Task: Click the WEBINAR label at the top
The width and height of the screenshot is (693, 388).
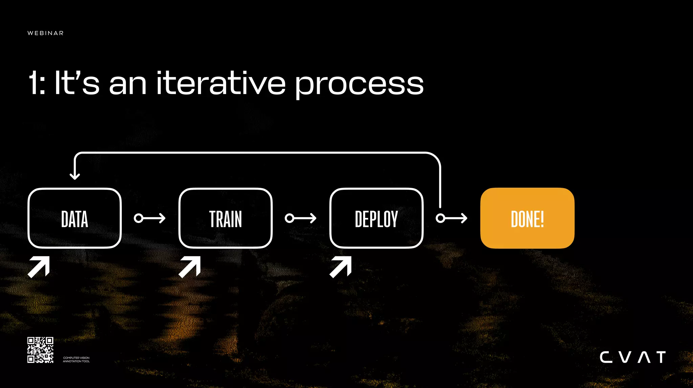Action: [x=45, y=33]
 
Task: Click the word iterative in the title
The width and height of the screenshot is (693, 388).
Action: [x=221, y=83]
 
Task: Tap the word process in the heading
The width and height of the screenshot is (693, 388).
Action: [x=359, y=85]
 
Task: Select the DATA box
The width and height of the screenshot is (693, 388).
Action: [x=74, y=218]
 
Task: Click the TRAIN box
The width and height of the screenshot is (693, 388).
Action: [x=225, y=218]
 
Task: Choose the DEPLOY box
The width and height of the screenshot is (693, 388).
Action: [x=376, y=218]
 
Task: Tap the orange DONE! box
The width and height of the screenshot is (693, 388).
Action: [x=527, y=218]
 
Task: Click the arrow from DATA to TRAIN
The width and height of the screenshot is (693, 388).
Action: [x=150, y=218]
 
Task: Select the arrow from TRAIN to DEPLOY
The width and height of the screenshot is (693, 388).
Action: [x=300, y=218]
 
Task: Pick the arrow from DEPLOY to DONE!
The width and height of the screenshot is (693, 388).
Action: [x=452, y=218]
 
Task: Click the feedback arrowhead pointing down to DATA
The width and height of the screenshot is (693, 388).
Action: [x=75, y=176]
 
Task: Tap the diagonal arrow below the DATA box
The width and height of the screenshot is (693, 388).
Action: [x=39, y=267]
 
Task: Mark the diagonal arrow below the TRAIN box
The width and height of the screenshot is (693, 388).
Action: [x=190, y=267]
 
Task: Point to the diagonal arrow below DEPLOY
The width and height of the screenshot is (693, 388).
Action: [x=341, y=267]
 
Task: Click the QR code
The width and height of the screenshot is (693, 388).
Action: [x=40, y=350]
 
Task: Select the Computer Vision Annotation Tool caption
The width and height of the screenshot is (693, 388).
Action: [x=76, y=359]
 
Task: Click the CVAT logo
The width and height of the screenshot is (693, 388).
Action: [x=633, y=357]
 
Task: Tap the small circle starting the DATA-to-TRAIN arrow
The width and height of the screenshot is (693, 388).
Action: [x=138, y=218]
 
